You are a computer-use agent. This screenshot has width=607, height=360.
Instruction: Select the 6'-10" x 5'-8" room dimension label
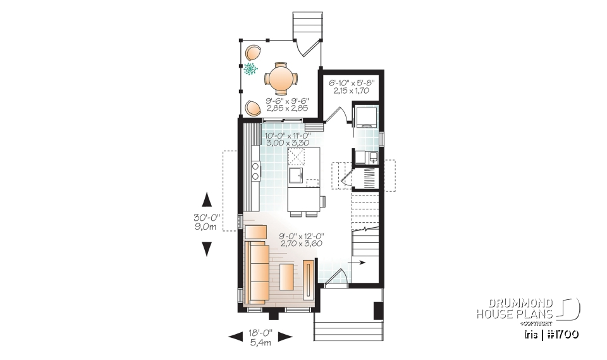[x=352, y=86]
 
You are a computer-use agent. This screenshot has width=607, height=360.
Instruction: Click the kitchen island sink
[x=297, y=173]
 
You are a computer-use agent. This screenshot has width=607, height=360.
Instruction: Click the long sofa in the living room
[x=257, y=272]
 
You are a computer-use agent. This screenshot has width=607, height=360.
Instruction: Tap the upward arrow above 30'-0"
[x=206, y=200]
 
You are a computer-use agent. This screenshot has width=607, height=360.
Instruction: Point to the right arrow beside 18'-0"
[x=284, y=337]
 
